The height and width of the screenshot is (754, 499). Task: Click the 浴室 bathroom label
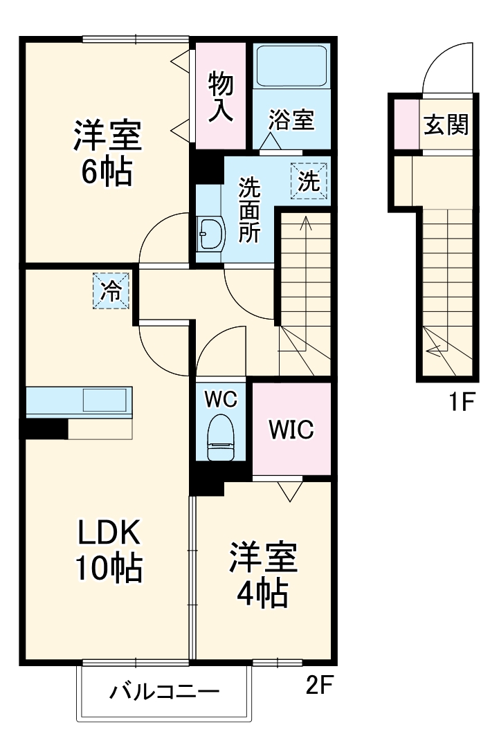click(x=291, y=120)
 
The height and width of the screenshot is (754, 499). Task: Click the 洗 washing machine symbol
click(x=309, y=181)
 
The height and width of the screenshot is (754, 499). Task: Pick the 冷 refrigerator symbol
click(x=111, y=291)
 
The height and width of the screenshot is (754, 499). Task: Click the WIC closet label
click(x=291, y=430)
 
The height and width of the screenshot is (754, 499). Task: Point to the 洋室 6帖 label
click(x=107, y=152)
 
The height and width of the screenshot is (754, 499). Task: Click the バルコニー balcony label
click(x=164, y=692)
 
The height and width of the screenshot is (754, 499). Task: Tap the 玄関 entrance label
click(x=446, y=125)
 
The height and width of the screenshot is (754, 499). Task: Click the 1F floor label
click(x=460, y=401)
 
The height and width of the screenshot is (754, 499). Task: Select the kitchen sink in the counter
click(x=105, y=401)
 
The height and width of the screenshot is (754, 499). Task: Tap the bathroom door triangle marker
click(x=269, y=140)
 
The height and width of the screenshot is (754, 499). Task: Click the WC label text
click(x=221, y=398)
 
